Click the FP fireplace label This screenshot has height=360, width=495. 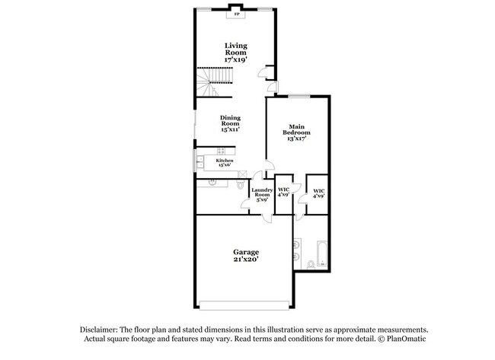click(x=236, y=14)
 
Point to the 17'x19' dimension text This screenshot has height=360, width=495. click(x=235, y=59)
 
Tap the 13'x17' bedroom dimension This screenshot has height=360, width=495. click(x=297, y=139)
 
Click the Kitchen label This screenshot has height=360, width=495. click(x=224, y=161)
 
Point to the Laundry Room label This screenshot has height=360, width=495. click(x=262, y=193)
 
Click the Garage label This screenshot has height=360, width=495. click(x=246, y=252)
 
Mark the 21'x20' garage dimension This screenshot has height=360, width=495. click(x=246, y=260)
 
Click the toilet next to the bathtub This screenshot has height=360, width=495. click(x=311, y=265)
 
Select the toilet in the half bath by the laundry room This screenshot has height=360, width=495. click(x=241, y=185)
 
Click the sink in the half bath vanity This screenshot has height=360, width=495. click(x=211, y=183)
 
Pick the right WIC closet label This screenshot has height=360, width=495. click(x=318, y=193)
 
